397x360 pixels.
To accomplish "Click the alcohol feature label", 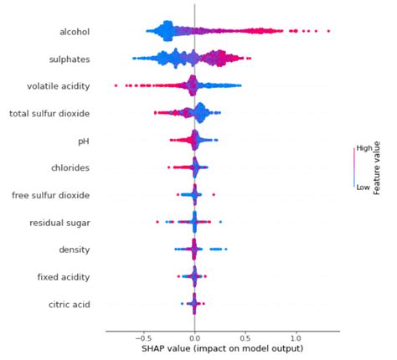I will point(74,32).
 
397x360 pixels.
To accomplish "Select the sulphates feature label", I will point(70,59).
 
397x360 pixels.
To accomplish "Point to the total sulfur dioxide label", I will point(49,114).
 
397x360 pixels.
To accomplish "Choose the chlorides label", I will point(70,168).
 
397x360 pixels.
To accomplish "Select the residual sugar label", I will point(59,223).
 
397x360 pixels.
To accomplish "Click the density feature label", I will point(74,249).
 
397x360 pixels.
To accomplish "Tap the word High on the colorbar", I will point(364,147).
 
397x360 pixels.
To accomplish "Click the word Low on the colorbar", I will point(363,188).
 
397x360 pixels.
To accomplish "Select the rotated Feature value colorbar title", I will point(379,168).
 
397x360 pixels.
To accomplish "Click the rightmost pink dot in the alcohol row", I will point(328,32).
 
